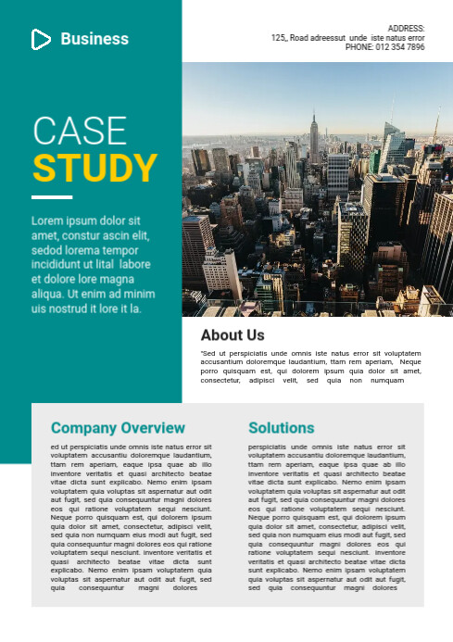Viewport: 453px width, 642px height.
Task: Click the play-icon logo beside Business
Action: pyautogui.click(x=41, y=39)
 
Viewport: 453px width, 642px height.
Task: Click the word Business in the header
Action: pyautogui.click(x=94, y=39)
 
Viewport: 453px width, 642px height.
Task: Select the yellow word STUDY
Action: pyautogui.click(x=95, y=169)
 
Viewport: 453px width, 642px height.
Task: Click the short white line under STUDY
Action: pyautogui.click(x=51, y=197)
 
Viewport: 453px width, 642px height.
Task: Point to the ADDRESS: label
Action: pyautogui.click(x=406, y=29)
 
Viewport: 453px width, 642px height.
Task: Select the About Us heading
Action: pyautogui.click(x=233, y=335)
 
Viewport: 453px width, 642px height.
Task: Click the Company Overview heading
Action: pyautogui.click(x=118, y=428)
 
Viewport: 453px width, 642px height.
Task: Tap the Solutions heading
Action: pyautogui.click(x=282, y=428)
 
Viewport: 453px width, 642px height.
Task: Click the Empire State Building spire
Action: pyautogui.click(x=314, y=111)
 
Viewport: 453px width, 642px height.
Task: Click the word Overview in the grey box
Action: pyautogui.click(x=151, y=428)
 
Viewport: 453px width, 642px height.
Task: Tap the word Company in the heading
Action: pyautogui.click(x=82, y=428)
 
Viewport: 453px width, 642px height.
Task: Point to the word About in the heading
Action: pyautogui.click(x=220, y=335)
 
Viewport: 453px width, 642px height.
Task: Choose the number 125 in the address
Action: pyautogui.click(x=278, y=38)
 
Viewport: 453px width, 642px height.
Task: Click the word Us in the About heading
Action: pyautogui.click(x=255, y=335)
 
